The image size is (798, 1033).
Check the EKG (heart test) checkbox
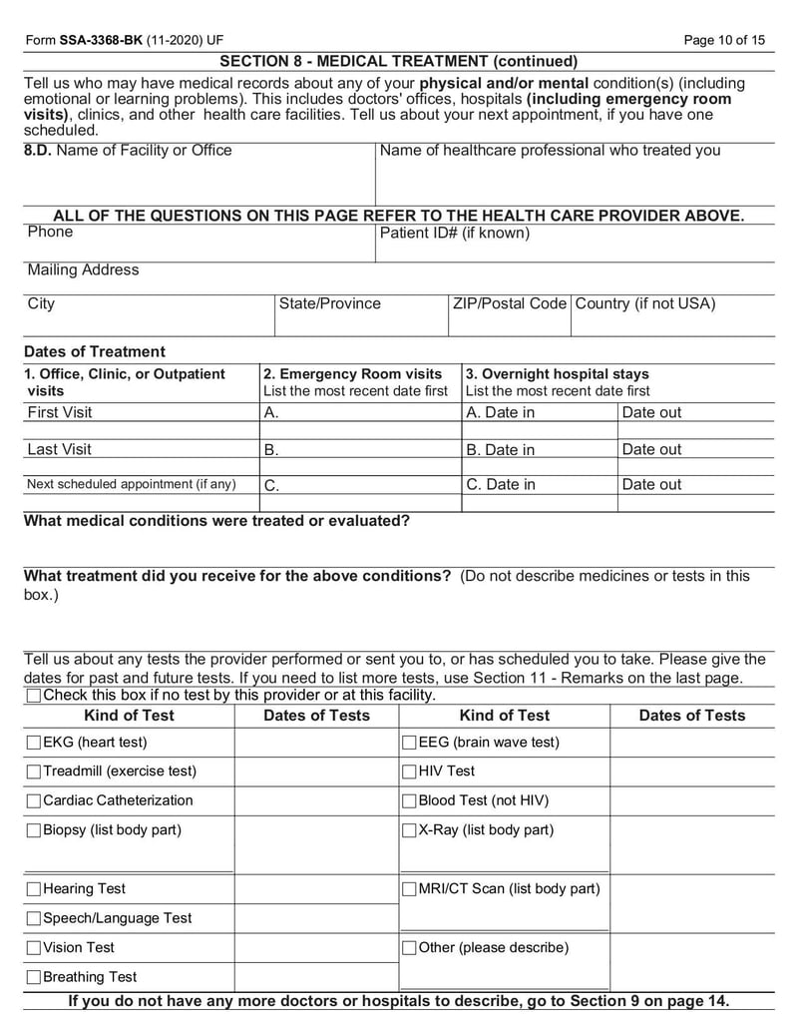click(x=34, y=743)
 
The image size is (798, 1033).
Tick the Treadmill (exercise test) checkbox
click(x=34, y=772)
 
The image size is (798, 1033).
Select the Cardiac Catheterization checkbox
click(x=34, y=800)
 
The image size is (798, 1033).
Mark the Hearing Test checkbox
click(x=34, y=889)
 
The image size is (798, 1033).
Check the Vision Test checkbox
click(x=34, y=948)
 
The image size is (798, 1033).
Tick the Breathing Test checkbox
click(x=34, y=977)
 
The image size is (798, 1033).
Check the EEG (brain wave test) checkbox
click(x=409, y=743)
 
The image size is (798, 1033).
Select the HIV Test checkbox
click(x=409, y=772)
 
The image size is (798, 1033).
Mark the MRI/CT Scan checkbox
click(x=409, y=889)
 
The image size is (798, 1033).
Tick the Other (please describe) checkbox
click(x=409, y=948)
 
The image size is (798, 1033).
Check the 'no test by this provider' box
click(x=34, y=695)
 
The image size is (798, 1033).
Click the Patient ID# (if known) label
click(x=454, y=234)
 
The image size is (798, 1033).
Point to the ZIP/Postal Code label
click(x=509, y=303)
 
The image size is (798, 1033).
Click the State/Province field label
click(x=329, y=303)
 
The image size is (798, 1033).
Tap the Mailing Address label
click(x=83, y=270)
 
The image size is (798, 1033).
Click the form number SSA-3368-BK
click(x=100, y=40)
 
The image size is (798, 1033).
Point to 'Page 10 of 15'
click(x=724, y=40)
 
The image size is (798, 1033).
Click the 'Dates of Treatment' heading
click(x=94, y=351)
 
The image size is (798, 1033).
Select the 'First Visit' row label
click(x=59, y=412)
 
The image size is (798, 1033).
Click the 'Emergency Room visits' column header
click(x=352, y=374)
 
